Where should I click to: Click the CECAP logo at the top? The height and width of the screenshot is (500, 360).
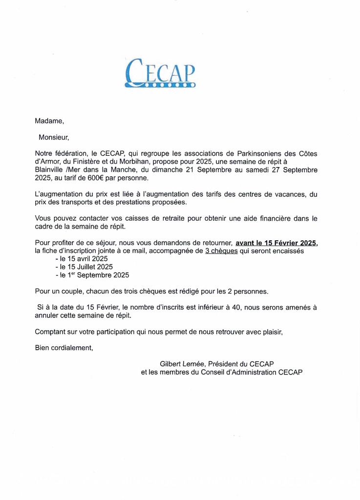tap(160, 73)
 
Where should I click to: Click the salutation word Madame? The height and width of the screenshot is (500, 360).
tap(49, 121)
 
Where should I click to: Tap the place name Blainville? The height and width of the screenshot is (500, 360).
tap(49, 170)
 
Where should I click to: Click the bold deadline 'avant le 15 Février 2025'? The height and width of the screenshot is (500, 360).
tap(276, 243)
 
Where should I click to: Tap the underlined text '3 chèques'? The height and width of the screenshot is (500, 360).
tap(221, 251)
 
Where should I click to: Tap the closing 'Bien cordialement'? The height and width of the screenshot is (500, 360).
tap(64, 348)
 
